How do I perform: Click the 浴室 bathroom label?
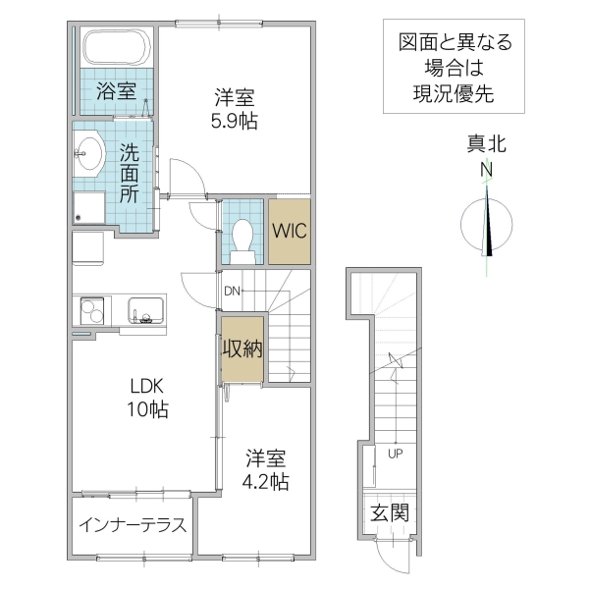coord(116,92)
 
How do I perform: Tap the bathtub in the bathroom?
coord(115,47)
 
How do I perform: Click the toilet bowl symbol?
coord(242,236)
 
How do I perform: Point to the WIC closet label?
coord(290,232)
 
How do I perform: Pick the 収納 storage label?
coord(241,348)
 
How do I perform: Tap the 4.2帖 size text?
coord(267,482)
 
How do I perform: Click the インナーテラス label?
coord(133,524)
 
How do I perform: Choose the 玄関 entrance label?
coord(389,512)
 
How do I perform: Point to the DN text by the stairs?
coord(232,291)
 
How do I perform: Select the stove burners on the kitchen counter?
coord(93,309)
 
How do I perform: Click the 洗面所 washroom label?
coord(130,174)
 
